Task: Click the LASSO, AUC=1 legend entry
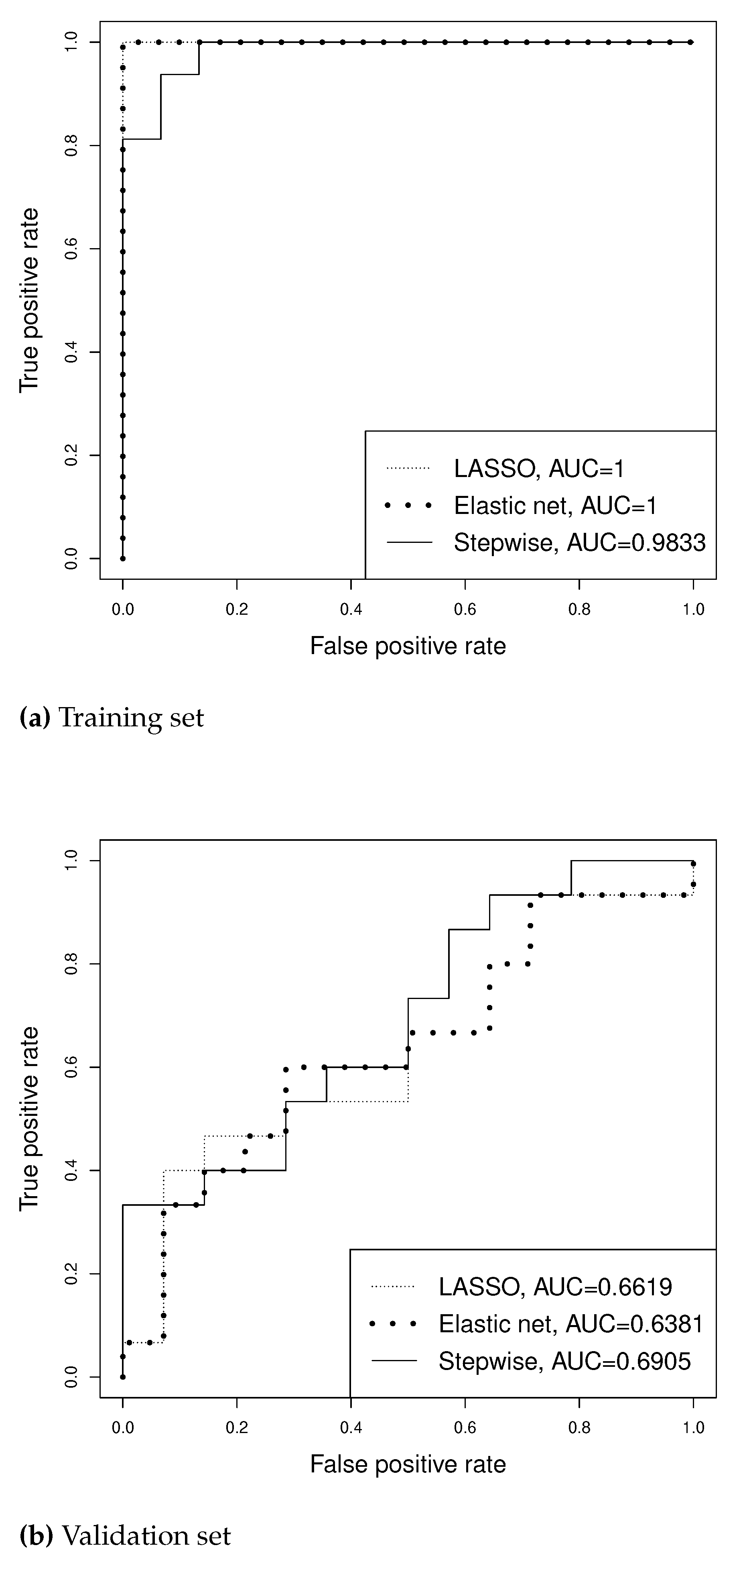click(539, 469)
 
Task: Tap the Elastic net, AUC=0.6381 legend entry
click(570, 1324)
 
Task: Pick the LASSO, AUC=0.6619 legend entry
click(555, 1287)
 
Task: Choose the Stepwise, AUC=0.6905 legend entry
click(564, 1361)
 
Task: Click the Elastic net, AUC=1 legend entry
click(555, 506)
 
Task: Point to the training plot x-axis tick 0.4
click(351, 610)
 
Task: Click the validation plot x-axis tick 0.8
click(579, 1428)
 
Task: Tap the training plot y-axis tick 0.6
click(71, 249)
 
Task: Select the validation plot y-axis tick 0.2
click(71, 1274)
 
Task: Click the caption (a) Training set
click(112, 717)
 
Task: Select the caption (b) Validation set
click(125, 1535)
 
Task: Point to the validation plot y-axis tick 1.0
click(71, 861)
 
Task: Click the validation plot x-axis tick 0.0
click(123, 1428)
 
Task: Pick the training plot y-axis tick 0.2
click(71, 455)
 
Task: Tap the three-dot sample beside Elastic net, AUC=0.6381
click(393, 1324)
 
